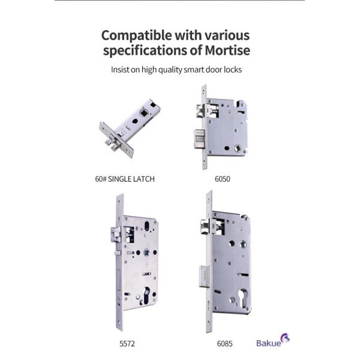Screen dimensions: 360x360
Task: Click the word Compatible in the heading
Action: click(137, 36)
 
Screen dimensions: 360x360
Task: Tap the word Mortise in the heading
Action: click(227, 50)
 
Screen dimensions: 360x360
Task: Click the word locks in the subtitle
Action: click(233, 70)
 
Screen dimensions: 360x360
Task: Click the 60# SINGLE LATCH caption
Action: click(125, 179)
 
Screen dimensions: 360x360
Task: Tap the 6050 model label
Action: click(222, 179)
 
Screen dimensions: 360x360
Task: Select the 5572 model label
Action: click(127, 344)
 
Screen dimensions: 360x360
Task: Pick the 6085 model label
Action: click(224, 344)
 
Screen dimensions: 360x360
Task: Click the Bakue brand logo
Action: click(273, 341)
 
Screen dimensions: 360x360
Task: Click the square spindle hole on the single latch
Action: click(143, 113)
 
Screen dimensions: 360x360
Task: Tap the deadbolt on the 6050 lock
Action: click(199, 139)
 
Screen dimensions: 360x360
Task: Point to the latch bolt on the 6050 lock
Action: click(200, 110)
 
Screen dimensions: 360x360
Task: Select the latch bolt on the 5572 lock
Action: click(115, 234)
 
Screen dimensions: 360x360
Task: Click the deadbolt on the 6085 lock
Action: click(204, 277)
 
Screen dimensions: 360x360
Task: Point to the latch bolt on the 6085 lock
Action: click(205, 226)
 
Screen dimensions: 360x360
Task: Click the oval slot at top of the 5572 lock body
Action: click(147, 226)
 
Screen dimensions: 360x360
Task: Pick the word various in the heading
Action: click(227, 36)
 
